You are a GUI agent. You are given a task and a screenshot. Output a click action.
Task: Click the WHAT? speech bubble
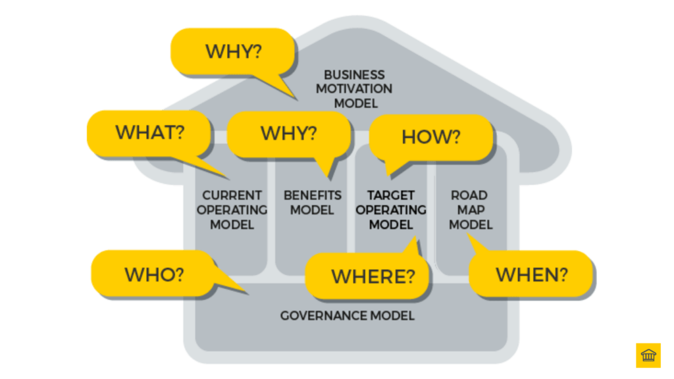(149, 133)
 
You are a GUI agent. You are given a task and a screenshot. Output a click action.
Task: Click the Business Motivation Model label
(354, 89)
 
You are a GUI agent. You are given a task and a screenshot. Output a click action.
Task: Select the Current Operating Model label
(232, 210)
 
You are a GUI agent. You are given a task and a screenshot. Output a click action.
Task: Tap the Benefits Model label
(313, 203)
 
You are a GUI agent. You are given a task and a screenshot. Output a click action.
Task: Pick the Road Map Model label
(470, 210)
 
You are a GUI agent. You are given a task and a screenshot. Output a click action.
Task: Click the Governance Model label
(348, 316)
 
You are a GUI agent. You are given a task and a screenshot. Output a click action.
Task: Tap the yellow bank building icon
(648, 355)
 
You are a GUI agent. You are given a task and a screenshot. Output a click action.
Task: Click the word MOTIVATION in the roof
(354, 89)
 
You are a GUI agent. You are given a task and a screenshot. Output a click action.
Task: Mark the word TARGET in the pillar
(391, 195)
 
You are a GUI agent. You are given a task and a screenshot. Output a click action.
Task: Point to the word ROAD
(469, 195)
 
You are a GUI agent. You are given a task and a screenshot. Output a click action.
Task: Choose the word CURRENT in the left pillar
(232, 195)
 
